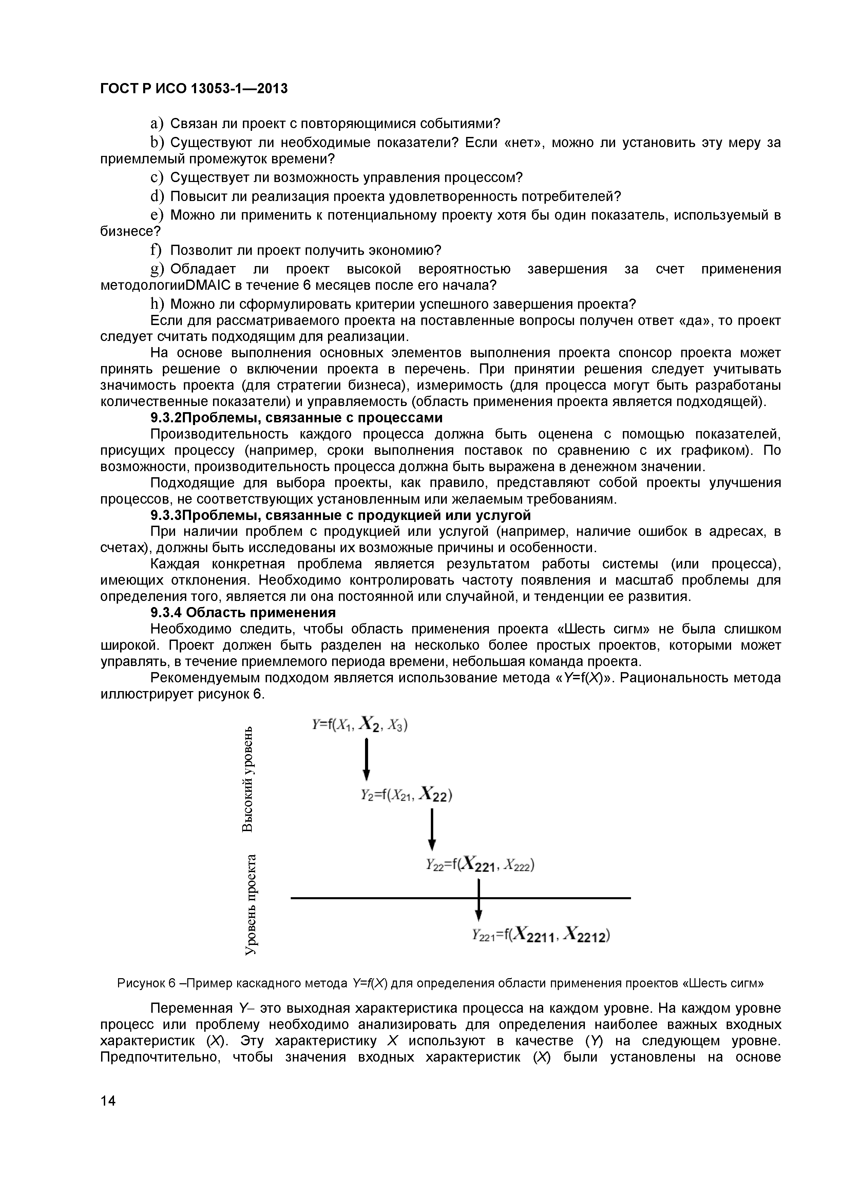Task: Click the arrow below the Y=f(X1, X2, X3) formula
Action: point(366,759)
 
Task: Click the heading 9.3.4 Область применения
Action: point(243,612)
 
